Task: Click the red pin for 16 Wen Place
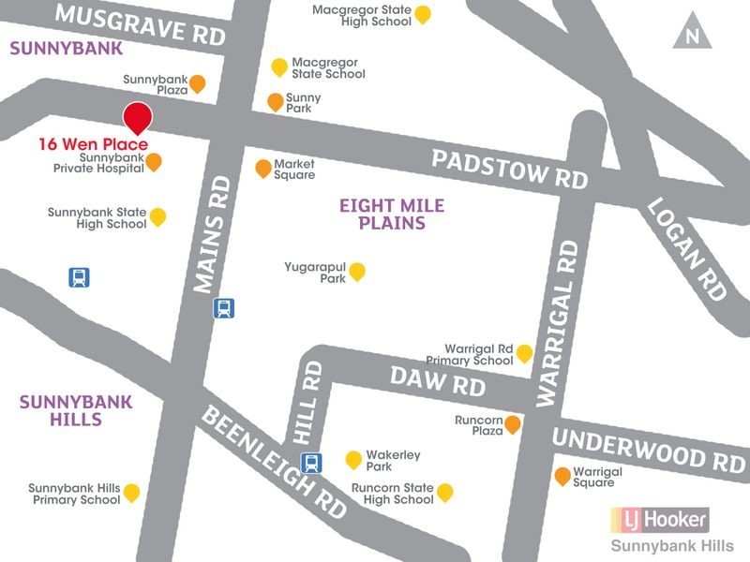[x=138, y=117]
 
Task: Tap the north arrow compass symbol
[x=692, y=34]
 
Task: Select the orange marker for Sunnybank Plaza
[x=198, y=84]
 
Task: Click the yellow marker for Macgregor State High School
[x=423, y=13]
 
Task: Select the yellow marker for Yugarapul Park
[x=356, y=272]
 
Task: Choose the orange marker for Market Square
[x=263, y=168]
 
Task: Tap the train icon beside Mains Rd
[x=224, y=307]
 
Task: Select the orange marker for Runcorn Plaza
[x=513, y=425]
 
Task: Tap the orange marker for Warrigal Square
[x=562, y=476]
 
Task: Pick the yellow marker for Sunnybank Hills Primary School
[x=132, y=492]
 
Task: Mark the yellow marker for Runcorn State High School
[x=445, y=492]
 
